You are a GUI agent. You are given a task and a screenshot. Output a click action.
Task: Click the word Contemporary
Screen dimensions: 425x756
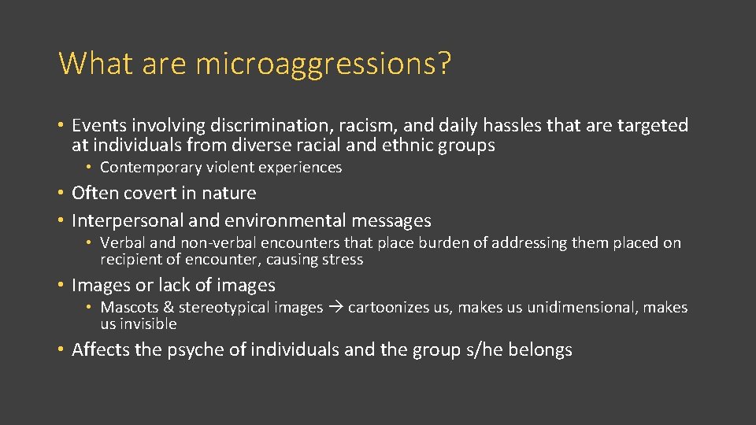pos(152,168)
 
